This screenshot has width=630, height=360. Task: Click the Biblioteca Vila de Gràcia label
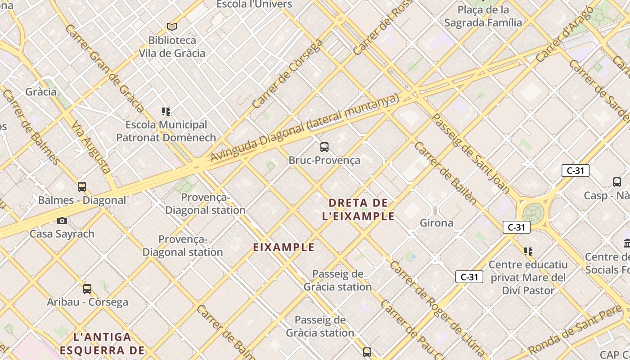[x=171, y=47]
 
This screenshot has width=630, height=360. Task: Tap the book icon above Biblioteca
[x=171, y=27]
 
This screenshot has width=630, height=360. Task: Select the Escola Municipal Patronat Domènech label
[x=166, y=131]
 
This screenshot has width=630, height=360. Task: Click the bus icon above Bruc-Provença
[x=324, y=147]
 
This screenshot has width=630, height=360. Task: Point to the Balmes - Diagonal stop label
[x=82, y=200]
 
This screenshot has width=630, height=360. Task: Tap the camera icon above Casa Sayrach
[x=62, y=220]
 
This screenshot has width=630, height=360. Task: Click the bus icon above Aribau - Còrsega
[x=87, y=288]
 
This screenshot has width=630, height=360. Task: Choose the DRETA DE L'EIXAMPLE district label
[x=358, y=209]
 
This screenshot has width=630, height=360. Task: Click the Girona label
[x=436, y=223]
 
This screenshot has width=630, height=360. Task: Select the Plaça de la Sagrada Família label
[x=483, y=16]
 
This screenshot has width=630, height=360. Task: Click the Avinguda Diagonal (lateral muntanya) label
[x=305, y=128]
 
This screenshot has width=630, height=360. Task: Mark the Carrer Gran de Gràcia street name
[x=104, y=68]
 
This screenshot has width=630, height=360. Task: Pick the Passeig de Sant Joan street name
[x=470, y=153]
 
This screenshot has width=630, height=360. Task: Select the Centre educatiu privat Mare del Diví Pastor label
[x=528, y=277]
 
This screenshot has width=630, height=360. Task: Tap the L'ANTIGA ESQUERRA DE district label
[x=102, y=343]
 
